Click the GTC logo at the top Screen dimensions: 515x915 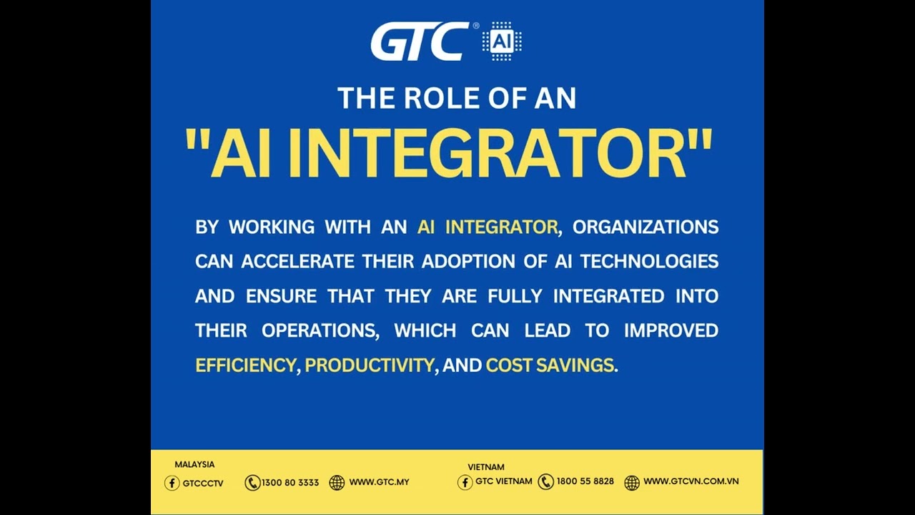coord(420,41)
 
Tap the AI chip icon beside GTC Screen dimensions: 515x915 coord(502,41)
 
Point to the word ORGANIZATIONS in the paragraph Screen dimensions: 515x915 coord(646,227)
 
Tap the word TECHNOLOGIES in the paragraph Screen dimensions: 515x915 coord(649,262)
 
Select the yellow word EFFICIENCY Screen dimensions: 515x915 coord(244,366)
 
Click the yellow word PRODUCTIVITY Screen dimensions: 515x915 coord(369,366)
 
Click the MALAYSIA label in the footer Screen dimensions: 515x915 coord(194,465)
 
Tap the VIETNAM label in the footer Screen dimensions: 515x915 coord(486,467)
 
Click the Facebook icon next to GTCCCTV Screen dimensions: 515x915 coord(172,483)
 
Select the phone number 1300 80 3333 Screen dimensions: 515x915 coord(290,483)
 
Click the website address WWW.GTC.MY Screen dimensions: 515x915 coord(379,483)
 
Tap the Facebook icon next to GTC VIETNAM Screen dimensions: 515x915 coord(465,482)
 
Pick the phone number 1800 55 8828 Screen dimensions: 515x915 coord(585,481)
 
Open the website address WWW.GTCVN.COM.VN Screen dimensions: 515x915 coord(691,481)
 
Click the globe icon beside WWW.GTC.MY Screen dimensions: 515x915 coord(337,483)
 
